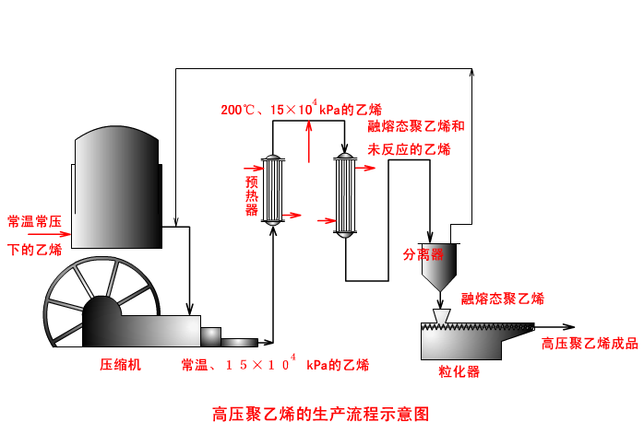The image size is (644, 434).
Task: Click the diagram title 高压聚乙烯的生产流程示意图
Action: point(321,413)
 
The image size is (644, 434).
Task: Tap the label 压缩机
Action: point(120,364)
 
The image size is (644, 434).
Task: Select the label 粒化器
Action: point(459,371)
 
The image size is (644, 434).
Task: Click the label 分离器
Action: point(423,253)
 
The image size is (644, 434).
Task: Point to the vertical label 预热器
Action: point(251,195)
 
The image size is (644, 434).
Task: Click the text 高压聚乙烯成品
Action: point(590,344)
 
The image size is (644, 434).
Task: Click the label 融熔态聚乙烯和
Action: point(416,126)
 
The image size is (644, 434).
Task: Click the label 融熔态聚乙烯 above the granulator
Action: point(503,299)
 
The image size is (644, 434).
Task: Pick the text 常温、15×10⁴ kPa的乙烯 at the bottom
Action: point(275,364)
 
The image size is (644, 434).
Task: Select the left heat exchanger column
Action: point(274,190)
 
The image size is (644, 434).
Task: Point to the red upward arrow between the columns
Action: point(308,144)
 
